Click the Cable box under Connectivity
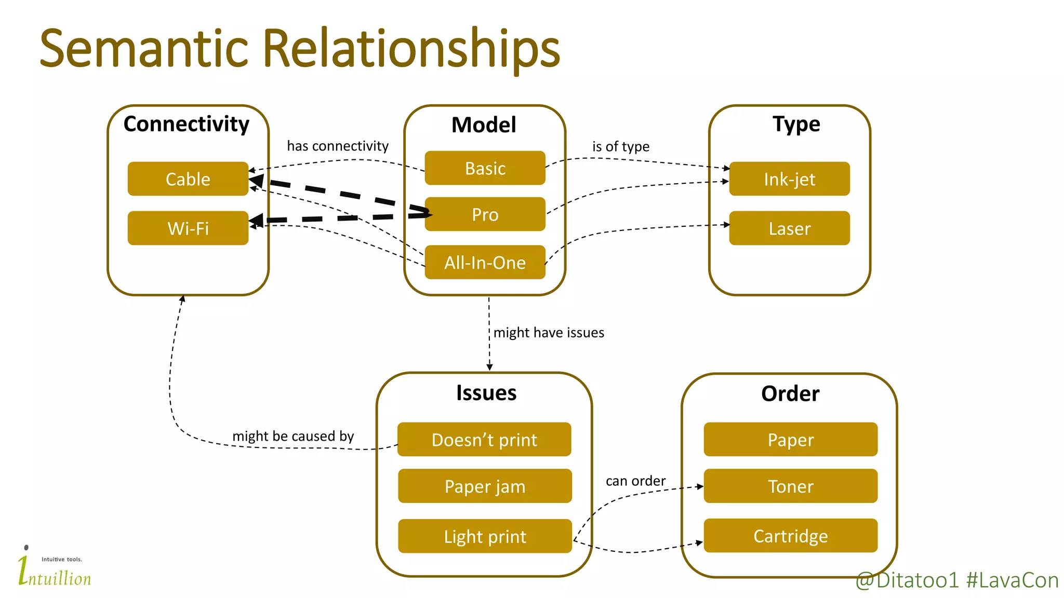click(x=188, y=179)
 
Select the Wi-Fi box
click(x=188, y=228)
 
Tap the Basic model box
click(x=485, y=168)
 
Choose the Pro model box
click(x=485, y=214)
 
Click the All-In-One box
click(x=485, y=262)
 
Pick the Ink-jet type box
click(x=789, y=179)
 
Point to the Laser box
click(x=789, y=228)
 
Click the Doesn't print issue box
click(x=484, y=440)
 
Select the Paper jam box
click(x=485, y=486)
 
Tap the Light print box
click(x=485, y=536)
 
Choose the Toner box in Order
click(x=790, y=486)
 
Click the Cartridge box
click(x=790, y=536)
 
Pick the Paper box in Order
click(x=790, y=440)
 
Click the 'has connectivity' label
click(x=338, y=146)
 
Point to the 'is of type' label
click(x=621, y=146)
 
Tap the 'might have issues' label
click(x=549, y=332)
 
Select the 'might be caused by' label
click(x=293, y=436)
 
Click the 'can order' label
click(x=635, y=481)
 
